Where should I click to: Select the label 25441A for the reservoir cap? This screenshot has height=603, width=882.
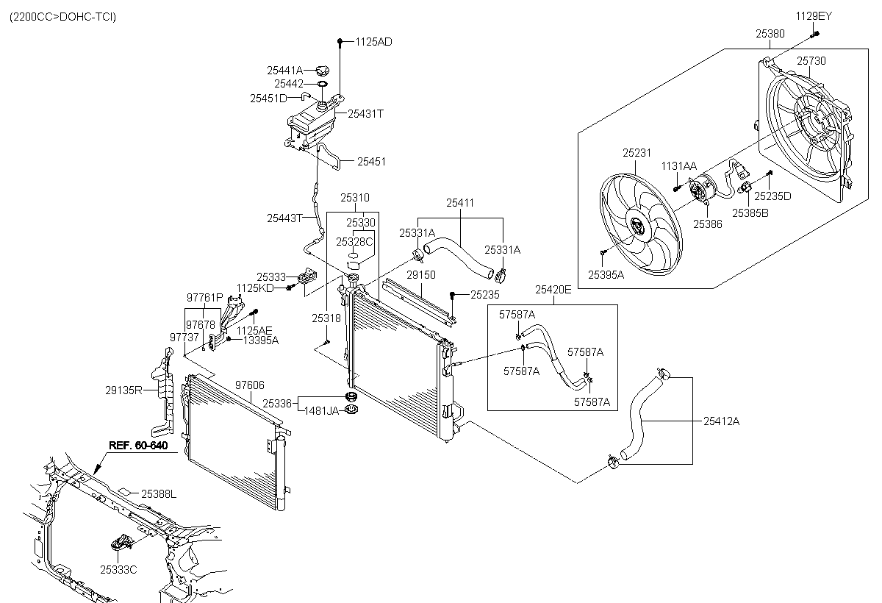(x=284, y=71)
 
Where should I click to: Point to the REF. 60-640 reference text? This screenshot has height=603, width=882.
(x=138, y=445)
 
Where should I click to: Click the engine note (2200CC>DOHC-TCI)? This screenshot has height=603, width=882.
(x=62, y=16)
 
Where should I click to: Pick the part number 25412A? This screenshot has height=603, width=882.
(x=721, y=421)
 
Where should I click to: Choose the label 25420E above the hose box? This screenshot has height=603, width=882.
(x=553, y=290)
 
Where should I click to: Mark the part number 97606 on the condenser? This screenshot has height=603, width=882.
(x=250, y=385)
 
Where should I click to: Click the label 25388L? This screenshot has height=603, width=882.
(x=159, y=494)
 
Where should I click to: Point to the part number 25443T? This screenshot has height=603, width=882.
(x=285, y=218)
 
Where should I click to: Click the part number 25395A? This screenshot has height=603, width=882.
(x=606, y=274)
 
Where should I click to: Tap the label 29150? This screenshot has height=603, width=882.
(x=421, y=274)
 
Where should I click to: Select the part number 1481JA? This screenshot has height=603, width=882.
(x=322, y=410)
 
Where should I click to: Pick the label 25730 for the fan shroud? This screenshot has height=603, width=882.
(x=811, y=60)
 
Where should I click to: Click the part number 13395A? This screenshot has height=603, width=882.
(x=261, y=340)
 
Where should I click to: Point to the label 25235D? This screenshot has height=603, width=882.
(x=773, y=196)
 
